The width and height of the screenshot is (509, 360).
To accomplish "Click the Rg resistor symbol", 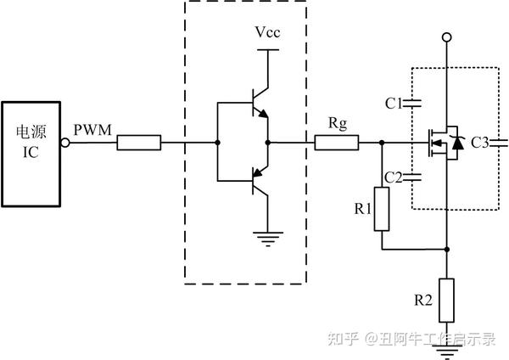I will point(337,143).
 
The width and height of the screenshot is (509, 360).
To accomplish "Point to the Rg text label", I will point(337,124).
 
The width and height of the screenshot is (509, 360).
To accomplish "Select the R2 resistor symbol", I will point(446,298).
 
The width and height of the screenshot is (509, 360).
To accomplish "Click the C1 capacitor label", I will point(393,104).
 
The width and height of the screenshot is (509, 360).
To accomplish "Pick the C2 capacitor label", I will point(393,177).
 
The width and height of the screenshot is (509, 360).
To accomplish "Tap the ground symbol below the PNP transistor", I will point(268,239).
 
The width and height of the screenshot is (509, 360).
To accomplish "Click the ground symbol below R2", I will point(446,343).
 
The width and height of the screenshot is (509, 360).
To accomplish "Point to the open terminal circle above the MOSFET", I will point(446,37).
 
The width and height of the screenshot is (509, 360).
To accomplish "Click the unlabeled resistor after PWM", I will point(140,143).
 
